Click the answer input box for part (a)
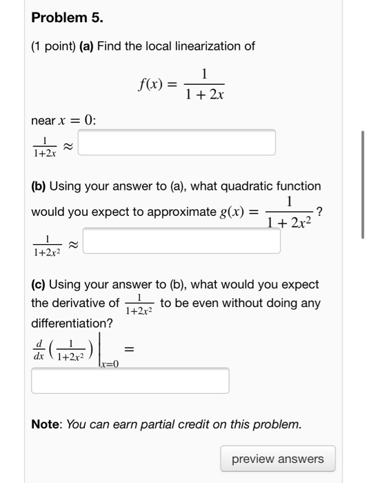(177, 142)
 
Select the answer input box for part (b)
(182, 241)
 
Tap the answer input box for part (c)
(130, 380)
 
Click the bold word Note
(46, 424)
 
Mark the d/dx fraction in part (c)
(39, 349)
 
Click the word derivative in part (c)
(93, 303)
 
